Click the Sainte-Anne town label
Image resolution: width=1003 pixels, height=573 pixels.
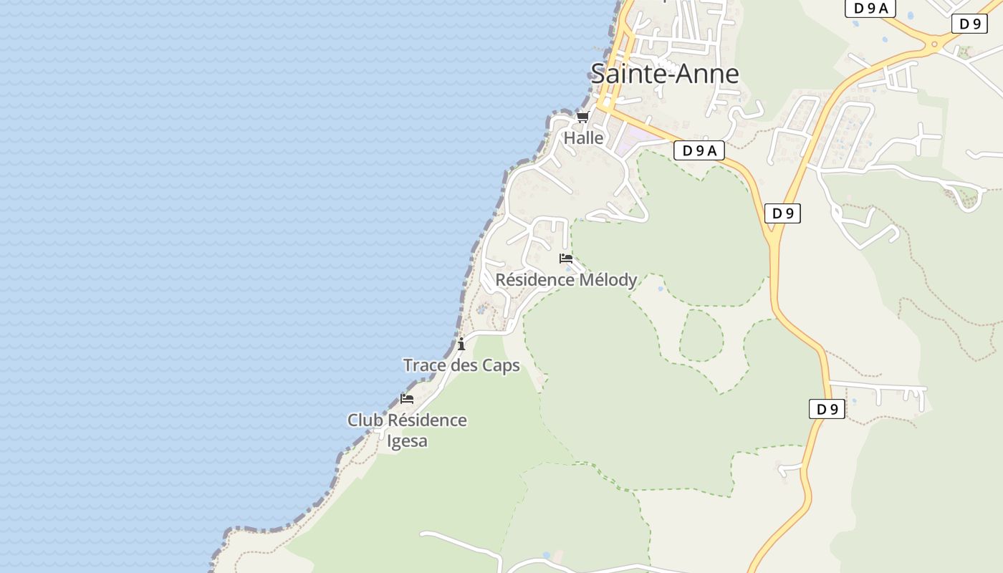664,74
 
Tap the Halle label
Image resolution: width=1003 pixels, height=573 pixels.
583,138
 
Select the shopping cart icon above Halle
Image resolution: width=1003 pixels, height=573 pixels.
582,117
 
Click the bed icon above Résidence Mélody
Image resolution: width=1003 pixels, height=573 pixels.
566,259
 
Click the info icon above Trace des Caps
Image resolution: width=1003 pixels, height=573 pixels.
461,344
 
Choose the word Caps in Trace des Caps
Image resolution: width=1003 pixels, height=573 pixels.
501,365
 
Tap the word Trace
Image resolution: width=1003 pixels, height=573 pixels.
425,365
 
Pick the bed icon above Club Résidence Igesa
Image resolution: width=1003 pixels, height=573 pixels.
407,399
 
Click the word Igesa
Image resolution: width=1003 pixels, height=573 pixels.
407,440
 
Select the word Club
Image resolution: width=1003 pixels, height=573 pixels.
365,420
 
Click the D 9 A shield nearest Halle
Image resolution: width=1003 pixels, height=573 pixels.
699,150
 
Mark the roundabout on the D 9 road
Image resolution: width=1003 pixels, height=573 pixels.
934,44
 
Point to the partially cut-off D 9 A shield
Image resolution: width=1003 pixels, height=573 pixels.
870,8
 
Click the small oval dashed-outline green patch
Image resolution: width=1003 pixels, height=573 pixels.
701,334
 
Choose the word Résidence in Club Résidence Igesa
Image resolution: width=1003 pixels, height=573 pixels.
428,420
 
